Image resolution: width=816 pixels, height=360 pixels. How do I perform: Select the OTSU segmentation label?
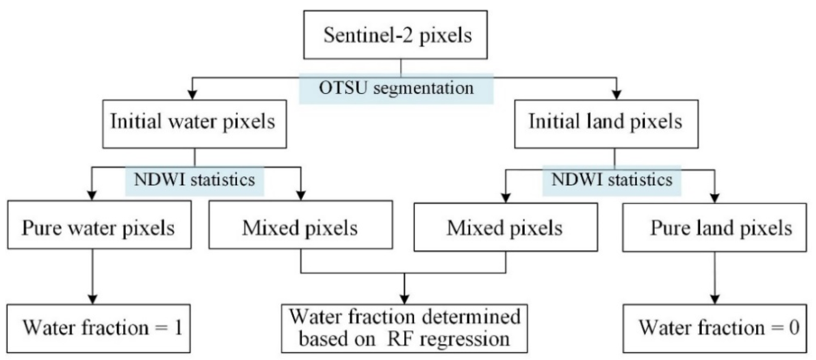396,88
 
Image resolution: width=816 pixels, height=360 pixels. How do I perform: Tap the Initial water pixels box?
194,124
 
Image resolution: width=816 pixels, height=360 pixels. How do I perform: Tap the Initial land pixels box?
606,124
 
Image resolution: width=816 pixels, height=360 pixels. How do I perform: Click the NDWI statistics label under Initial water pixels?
195,180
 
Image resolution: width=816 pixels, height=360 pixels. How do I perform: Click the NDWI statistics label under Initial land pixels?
612,180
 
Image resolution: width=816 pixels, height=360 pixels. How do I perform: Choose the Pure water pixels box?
99,225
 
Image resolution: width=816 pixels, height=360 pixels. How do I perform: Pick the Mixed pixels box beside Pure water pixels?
300,225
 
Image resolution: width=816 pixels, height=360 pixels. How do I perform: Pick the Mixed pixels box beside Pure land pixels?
505,227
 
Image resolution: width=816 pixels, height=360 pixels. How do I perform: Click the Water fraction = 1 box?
99,328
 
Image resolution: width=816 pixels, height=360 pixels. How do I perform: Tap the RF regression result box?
404,328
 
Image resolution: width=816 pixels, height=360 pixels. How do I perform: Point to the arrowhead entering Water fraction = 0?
715,299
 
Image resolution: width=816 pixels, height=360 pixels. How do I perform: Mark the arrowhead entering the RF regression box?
404,299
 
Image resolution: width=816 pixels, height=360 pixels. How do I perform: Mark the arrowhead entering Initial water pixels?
192,95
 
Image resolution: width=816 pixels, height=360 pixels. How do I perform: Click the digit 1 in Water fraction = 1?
178,328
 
